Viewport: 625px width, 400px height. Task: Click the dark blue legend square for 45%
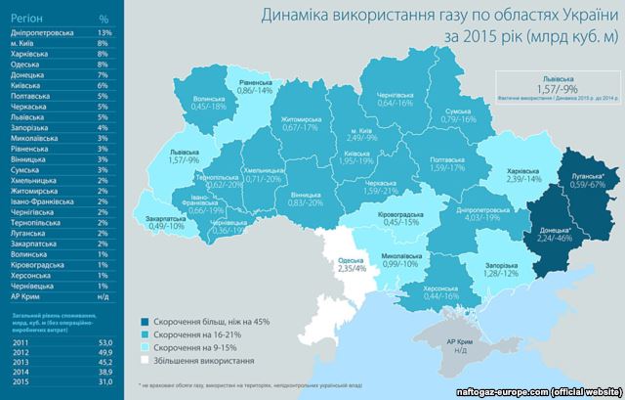pos(145,319)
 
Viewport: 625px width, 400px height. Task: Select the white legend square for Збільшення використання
pos(145,361)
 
